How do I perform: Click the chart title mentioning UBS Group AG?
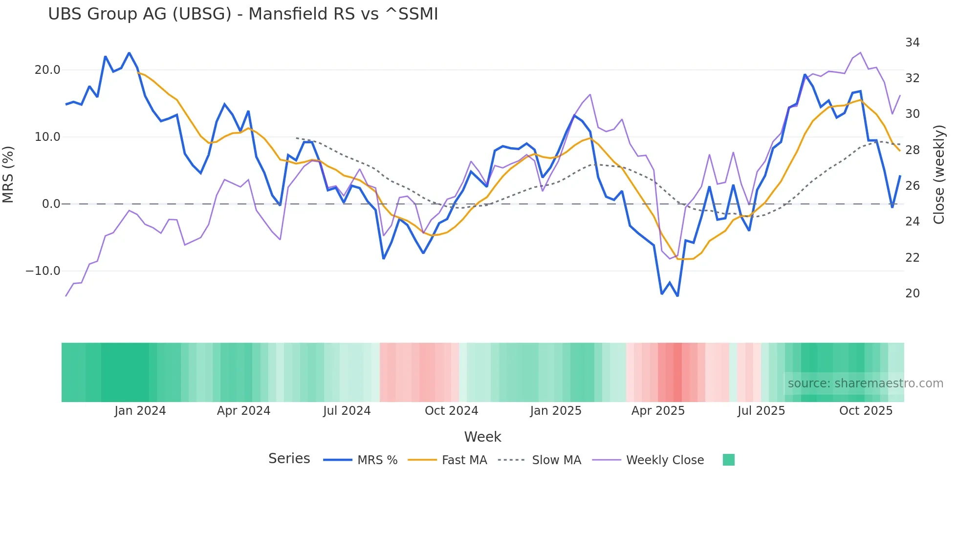243,14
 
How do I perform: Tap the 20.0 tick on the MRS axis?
47,70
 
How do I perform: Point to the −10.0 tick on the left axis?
43,271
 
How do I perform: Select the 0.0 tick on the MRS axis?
51,204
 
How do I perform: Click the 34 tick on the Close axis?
912,43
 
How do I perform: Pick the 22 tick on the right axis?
912,258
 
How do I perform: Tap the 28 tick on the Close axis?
912,150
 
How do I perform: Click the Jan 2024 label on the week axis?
140,411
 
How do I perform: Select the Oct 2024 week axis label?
451,411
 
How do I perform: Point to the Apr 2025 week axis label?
658,411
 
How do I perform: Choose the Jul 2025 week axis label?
761,411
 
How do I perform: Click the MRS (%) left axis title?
8,175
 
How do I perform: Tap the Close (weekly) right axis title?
939,175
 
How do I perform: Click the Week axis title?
482,437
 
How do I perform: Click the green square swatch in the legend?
728,460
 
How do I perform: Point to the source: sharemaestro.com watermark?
865,383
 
